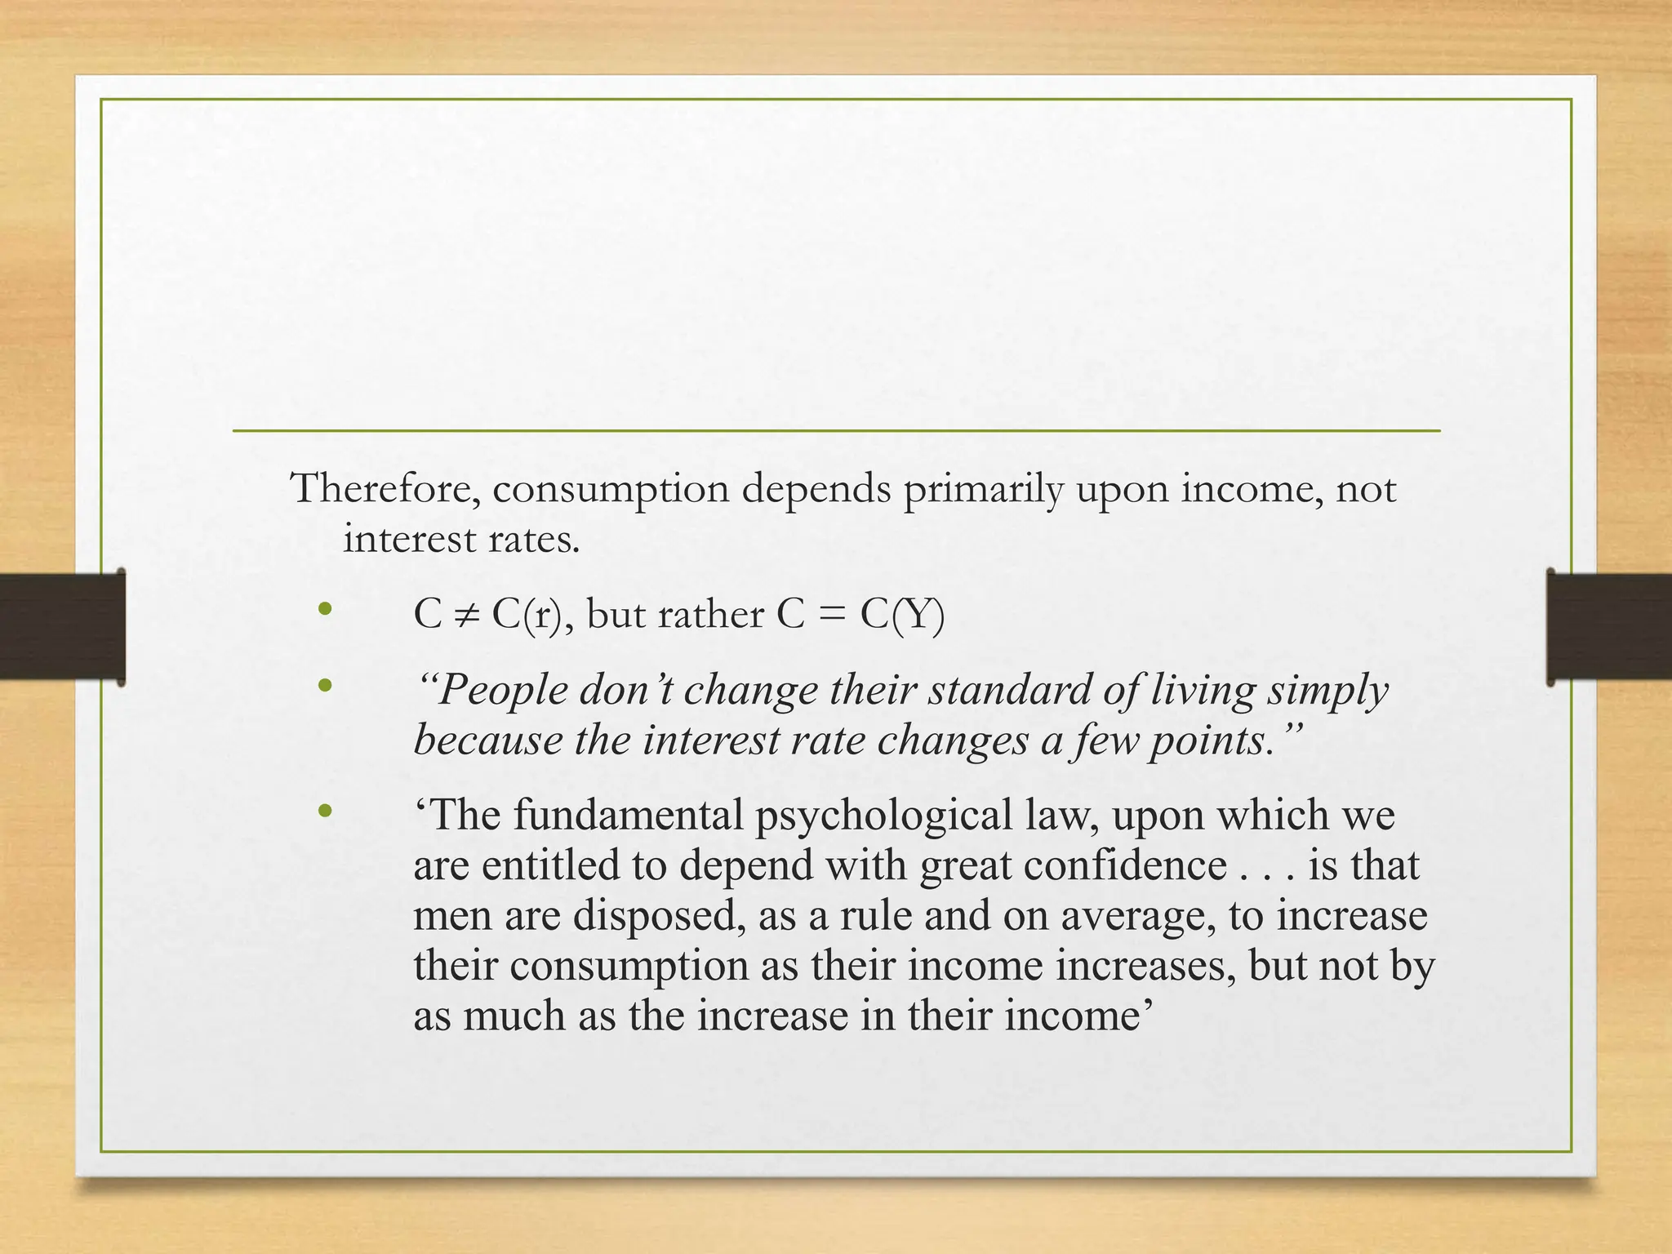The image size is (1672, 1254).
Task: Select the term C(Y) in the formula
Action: click(901, 615)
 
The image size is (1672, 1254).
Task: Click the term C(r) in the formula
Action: click(527, 615)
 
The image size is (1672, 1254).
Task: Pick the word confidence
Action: click(1124, 865)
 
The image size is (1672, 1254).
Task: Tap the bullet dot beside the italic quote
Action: click(325, 686)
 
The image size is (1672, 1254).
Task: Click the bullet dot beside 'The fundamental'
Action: click(325, 811)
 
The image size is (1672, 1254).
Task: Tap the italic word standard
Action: click(1009, 690)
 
